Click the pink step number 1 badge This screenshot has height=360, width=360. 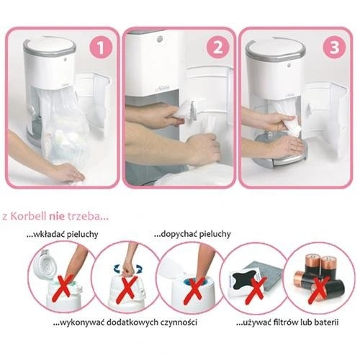pyautogui.click(x=101, y=47)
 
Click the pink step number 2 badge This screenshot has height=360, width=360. pyautogui.click(x=217, y=47)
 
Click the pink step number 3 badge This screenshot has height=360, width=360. pyautogui.click(x=334, y=47)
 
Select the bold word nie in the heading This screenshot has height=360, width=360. pyautogui.click(x=57, y=217)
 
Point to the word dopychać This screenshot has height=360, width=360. pyautogui.click(x=178, y=234)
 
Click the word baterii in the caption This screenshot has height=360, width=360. pyautogui.click(x=326, y=322)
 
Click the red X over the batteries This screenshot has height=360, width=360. pyautogui.click(x=319, y=290)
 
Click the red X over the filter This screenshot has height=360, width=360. pyautogui.click(x=256, y=290)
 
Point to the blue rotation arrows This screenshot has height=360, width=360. pyautogui.click(x=127, y=269)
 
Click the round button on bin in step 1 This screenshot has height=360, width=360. pyautogui.click(x=66, y=58)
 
